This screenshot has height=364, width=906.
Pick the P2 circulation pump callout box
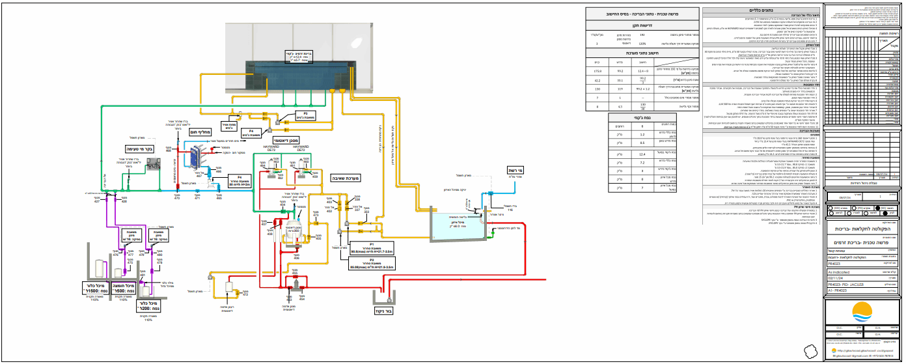(370, 264)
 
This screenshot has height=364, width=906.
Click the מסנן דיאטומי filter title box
(288, 142)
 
